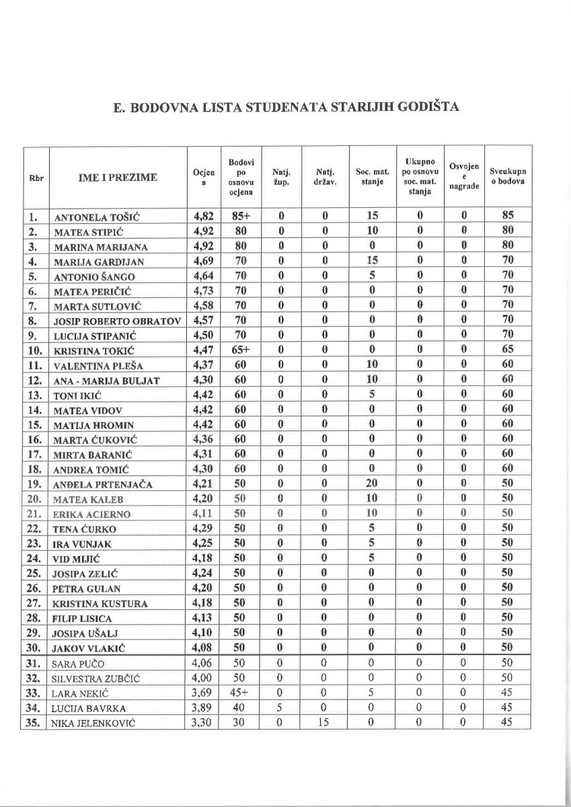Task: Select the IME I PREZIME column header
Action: tap(118, 178)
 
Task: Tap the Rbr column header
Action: tap(36, 178)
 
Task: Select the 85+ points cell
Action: tap(241, 217)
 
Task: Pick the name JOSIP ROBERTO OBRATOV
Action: tap(117, 321)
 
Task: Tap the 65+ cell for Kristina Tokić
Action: tap(241, 350)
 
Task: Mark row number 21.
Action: tap(35, 514)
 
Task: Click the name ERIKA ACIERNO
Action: tap(92, 514)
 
